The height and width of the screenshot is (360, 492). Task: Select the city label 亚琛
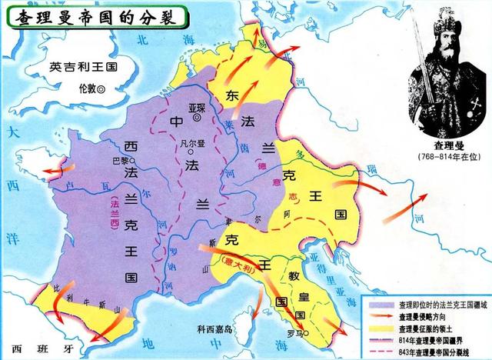pos(198,107)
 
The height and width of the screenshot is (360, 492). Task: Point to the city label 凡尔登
pos(188,141)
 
